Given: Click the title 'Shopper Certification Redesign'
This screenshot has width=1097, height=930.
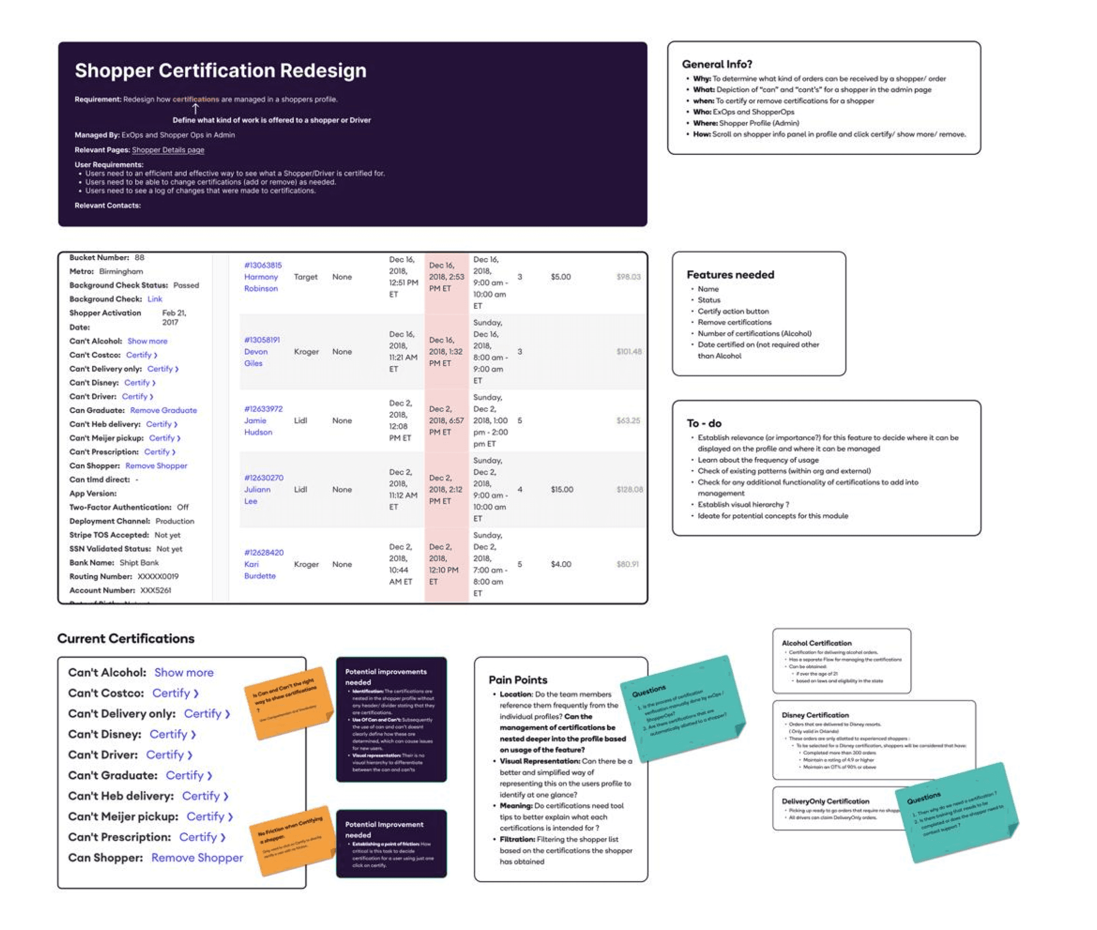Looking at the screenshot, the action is click(220, 71).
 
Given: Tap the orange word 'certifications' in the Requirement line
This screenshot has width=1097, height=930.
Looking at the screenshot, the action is click(196, 99).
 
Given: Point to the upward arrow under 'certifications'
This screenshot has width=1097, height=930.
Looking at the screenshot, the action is click(196, 109).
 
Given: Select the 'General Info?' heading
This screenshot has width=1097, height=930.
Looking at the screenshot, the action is click(717, 64).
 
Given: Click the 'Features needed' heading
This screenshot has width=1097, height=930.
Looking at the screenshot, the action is click(730, 275).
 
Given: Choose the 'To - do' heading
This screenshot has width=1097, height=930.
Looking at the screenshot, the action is click(703, 423).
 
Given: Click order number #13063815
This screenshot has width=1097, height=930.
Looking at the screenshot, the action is click(263, 265).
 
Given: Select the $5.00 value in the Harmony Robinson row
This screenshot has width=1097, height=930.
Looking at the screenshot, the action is click(560, 277).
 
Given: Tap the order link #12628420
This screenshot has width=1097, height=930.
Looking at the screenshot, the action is click(264, 552).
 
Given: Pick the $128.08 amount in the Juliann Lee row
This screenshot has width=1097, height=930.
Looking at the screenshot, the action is click(629, 489).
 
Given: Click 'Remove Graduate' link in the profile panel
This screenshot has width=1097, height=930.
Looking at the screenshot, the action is click(163, 410).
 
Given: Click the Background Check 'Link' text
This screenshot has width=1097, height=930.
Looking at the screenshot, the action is click(154, 299).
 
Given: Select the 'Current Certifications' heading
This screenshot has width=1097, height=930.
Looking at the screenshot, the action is click(126, 638).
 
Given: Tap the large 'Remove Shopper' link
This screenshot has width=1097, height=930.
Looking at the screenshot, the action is click(197, 858).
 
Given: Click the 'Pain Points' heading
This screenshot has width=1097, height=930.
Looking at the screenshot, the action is click(517, 680).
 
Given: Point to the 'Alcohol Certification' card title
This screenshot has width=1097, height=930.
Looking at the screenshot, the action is click(816, 643).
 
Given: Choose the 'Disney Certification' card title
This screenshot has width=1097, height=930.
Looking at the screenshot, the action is click(815, 716).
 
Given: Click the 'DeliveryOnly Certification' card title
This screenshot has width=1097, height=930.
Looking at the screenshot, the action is click(825, 801).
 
